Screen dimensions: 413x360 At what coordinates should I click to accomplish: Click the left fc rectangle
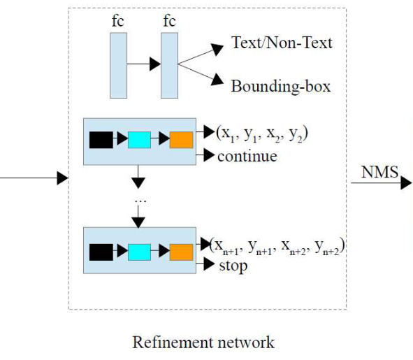coord(118,65)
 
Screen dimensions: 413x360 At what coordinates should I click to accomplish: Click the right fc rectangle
coord(169,65)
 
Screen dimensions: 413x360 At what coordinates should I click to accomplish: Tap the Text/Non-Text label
coord(282,43)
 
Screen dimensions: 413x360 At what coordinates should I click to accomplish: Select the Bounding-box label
coord(281,86)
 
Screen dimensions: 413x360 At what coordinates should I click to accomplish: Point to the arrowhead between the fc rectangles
coord(155,64)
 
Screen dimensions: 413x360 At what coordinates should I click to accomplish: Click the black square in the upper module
coord(101,140)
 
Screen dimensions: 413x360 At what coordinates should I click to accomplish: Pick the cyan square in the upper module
coord(139,140)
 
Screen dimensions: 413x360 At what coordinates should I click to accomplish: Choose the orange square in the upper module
coord(181,140)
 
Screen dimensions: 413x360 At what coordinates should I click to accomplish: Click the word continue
coord(247,157)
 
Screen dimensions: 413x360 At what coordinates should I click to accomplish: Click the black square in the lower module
coord(101,252)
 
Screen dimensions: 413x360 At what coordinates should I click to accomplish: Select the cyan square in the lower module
coord(139,252)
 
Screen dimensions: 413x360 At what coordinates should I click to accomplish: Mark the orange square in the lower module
coord(181,252)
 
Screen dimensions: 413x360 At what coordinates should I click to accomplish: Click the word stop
coord(233,266)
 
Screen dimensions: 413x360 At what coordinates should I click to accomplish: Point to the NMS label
coord(379,172)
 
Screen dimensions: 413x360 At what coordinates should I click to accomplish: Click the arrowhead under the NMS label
coord(406,182)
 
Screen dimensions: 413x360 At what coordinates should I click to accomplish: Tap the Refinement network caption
coord(203,343)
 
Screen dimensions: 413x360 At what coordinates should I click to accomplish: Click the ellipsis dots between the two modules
coord(140,201)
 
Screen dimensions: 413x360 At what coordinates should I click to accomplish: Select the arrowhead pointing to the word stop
coord(209,264)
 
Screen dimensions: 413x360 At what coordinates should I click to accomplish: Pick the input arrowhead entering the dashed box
coord(63,178)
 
